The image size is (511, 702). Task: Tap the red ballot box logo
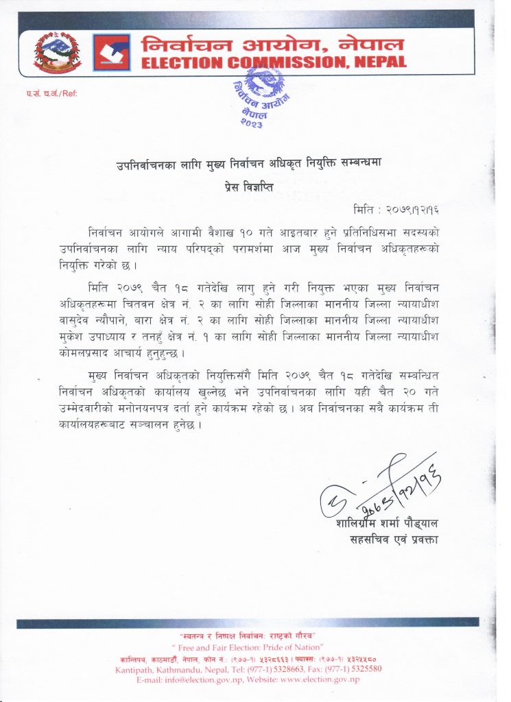(112, 53)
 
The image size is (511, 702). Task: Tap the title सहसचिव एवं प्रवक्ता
(394, 540)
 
